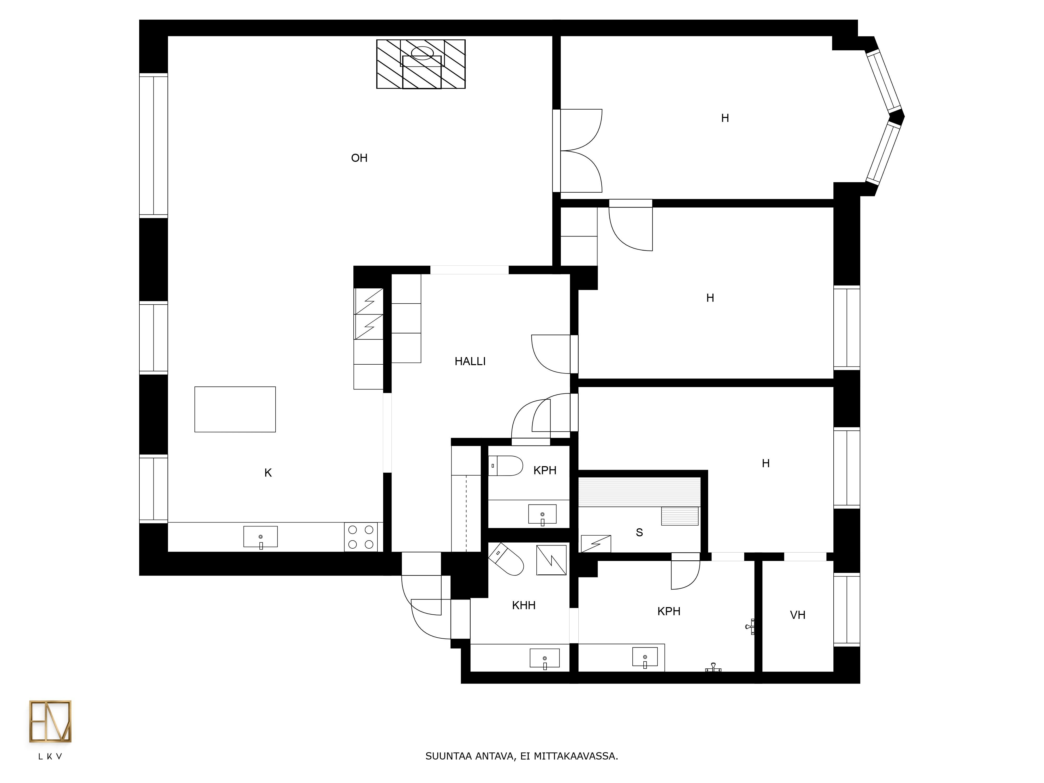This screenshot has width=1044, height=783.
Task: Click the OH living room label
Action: click(359, 158)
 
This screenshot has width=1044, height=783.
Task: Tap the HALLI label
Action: click(470, 361)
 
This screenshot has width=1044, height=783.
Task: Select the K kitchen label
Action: click(268, 473)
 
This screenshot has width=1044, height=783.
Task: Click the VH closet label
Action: click(798, 615)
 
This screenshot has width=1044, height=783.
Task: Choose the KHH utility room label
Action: click(524, 606)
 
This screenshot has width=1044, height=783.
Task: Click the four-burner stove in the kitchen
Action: click(361, 537)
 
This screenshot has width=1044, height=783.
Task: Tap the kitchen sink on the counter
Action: click(260, 537)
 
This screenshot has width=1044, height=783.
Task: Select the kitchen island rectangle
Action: click(235, 409)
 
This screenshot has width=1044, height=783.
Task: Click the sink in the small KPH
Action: click(542, 514)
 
